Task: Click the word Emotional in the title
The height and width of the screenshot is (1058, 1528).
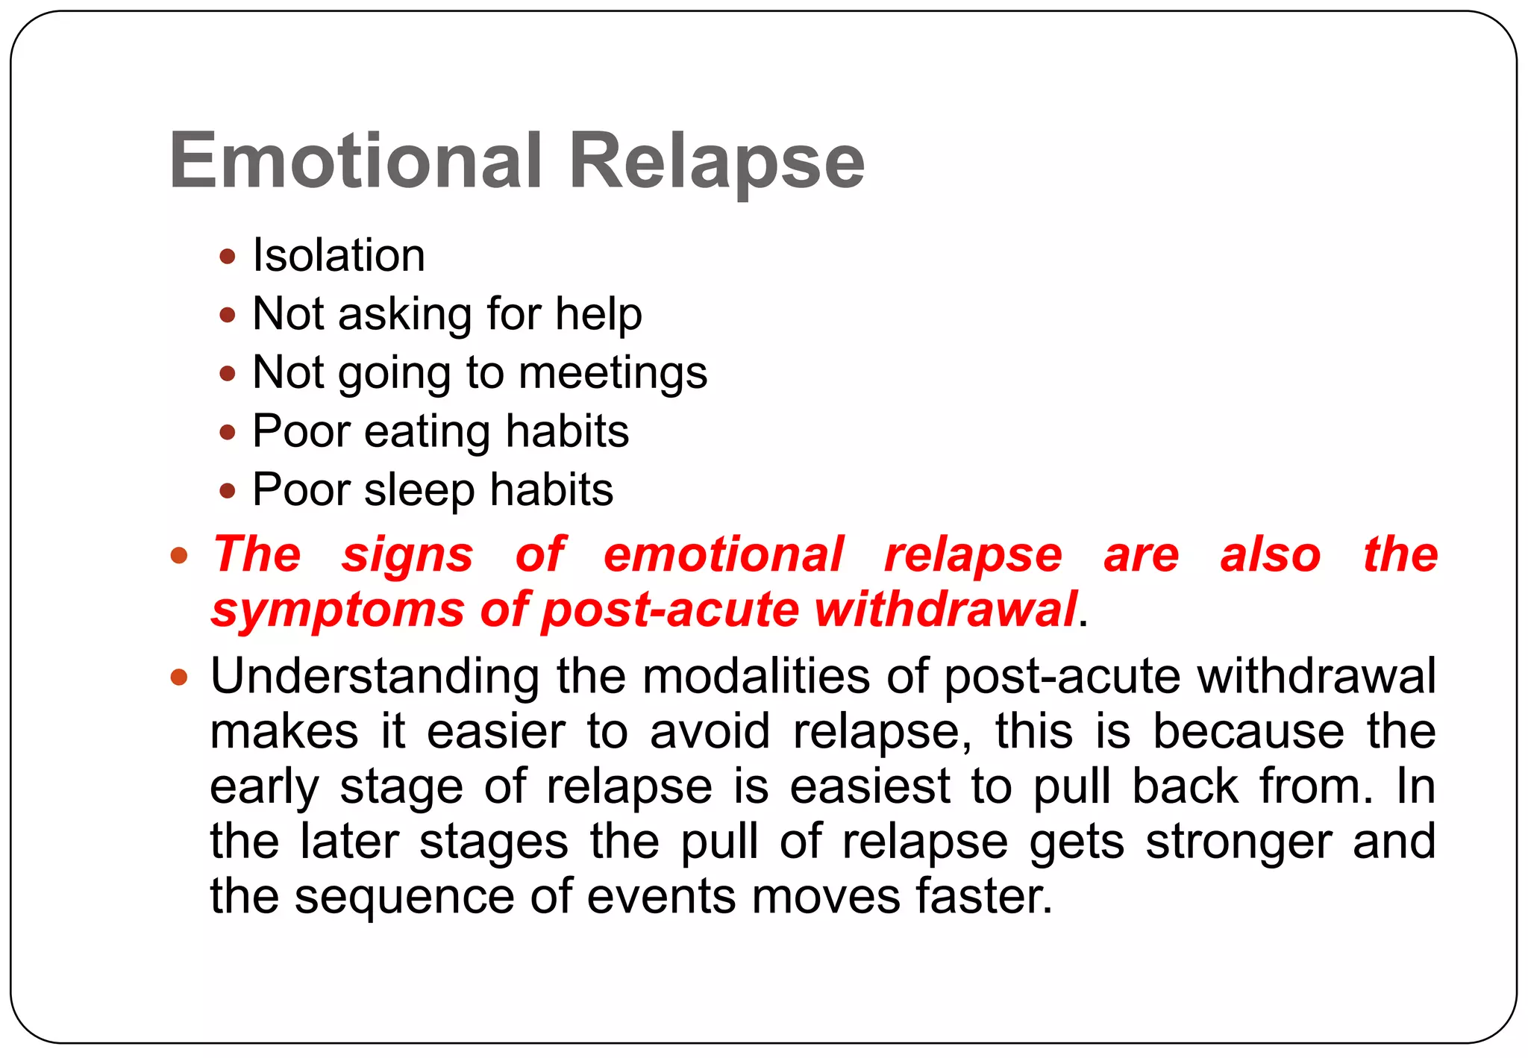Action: [x=356, y=160]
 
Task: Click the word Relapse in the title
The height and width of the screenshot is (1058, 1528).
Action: [x=716, y=160]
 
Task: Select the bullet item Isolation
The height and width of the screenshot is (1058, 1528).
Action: [x=339, y=255]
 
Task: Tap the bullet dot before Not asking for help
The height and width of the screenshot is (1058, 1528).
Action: [x=228, y=315]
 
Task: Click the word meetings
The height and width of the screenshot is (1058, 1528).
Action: [x=613, y=372]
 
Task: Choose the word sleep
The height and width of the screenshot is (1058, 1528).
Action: [x=419, y=490]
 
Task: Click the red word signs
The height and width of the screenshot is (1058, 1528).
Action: [x=407, y=554]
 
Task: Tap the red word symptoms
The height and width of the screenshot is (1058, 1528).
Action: [x=338, y=610]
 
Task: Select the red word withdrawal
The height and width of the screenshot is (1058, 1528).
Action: [x=945, y=610]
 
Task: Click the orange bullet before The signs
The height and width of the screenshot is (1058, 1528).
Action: [x=178, y=556]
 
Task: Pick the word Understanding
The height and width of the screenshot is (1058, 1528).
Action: [x=375, y=677]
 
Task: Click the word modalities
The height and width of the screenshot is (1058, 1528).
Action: [x=756, y=677]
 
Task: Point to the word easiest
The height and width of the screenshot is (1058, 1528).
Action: [x=870, y=786]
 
